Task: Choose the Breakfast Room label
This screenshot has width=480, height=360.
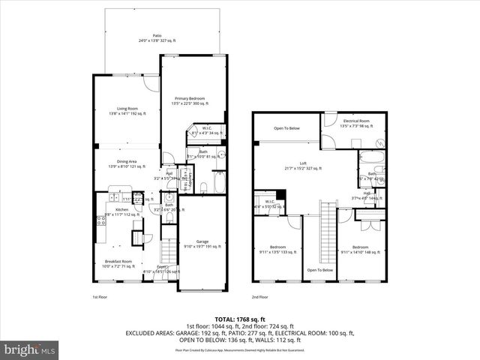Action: (118, 263)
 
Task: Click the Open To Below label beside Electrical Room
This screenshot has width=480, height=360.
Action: (286, 128)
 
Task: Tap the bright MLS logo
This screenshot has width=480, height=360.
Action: (30, 349)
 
